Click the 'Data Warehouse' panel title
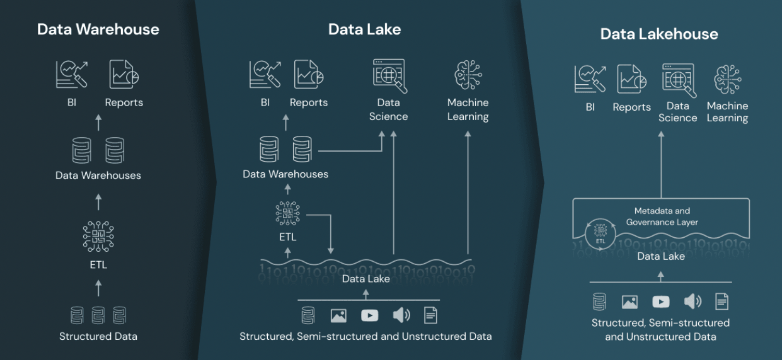pos(98,29)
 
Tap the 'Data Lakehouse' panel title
pos(659,34)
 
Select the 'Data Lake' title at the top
pos(364,29)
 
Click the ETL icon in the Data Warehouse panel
pos(98,236)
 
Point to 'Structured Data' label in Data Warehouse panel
pos(98,336)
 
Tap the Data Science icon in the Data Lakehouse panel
pos(679,80)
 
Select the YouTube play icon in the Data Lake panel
pos(370,315)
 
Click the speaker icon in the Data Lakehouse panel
pos(692,301)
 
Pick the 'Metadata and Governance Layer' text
pos(662,216)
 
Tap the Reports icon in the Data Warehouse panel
pos(124,74)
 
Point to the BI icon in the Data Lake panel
pos(265,74)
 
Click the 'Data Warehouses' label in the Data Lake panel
pos(285,174)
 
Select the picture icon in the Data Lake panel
pos(338,315)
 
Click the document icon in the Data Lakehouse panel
pos(722,301)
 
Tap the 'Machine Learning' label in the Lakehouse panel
pos(727,112)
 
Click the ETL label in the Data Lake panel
pos(288,237)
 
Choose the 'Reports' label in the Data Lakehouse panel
pos(632,107)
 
